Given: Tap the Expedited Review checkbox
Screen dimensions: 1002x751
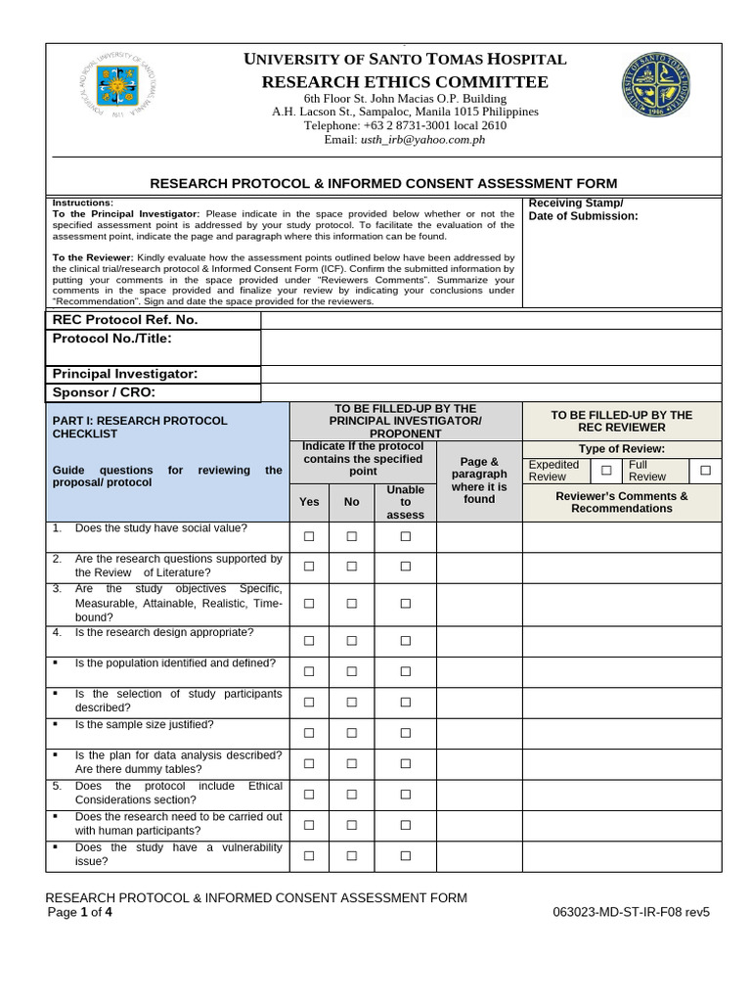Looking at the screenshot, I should point(606,471).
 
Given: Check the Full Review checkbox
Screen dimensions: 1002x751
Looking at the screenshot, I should point(704,471).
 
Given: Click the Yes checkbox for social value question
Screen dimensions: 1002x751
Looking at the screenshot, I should point(309,536).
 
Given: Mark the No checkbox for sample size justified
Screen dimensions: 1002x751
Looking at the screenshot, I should point(351,732).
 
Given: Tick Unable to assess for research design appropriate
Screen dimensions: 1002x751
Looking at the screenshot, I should point(405,640).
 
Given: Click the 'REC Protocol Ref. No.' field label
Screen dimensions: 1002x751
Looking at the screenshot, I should point(124,320).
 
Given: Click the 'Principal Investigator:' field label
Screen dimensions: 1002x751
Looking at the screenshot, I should point(124,374).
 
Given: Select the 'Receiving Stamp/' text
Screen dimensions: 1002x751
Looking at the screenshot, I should point(575,203).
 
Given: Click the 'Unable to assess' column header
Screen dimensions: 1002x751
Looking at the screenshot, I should point(405,502).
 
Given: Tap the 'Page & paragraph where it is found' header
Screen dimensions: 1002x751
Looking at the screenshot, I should point(479,479).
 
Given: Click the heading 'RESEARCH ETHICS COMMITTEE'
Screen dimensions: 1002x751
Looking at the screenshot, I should point(404,81).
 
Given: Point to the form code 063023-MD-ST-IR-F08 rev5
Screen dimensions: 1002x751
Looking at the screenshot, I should point(631,912).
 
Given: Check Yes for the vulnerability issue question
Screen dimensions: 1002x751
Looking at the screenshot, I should point(309,855).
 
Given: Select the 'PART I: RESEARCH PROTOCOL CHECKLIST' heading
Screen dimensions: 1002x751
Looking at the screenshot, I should point(139,427).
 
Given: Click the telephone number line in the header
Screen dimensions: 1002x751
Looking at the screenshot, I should point(405,125).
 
